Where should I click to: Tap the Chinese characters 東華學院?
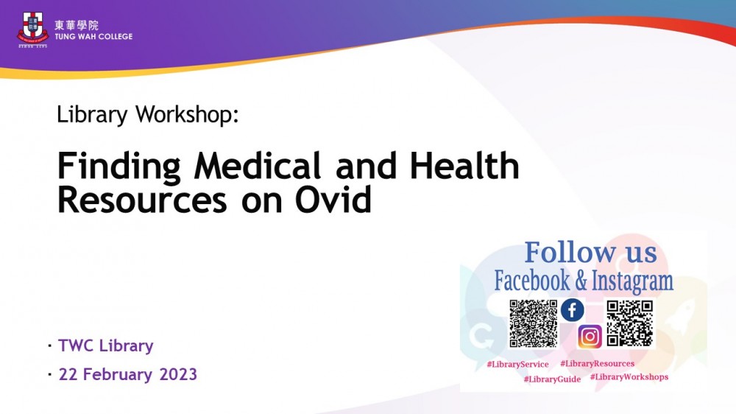(x=77, y=25)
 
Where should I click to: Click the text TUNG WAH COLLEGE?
(x=94, y=37)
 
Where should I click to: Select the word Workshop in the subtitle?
(x=187, y=115)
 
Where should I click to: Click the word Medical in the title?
(x=257, y=166)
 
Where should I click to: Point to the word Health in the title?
(x=464, y=166)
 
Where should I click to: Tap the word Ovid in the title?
(x=333, y=199)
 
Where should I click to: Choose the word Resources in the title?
(x=142, y=200)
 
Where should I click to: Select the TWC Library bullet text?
(x=105, y=346)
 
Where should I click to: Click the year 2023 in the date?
(x=178, y=374)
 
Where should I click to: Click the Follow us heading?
(x=590, y=252)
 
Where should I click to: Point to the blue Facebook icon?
(x=573, y=310)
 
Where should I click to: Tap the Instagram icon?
(x=590, y=337)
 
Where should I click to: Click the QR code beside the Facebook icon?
(x=534, y=324)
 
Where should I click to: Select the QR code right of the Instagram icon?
(x=630, y=324)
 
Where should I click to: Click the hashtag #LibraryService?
(x=517, y=364)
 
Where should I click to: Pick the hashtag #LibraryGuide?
(x=553, y=379)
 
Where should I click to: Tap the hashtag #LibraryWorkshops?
(x=629, y=377)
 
